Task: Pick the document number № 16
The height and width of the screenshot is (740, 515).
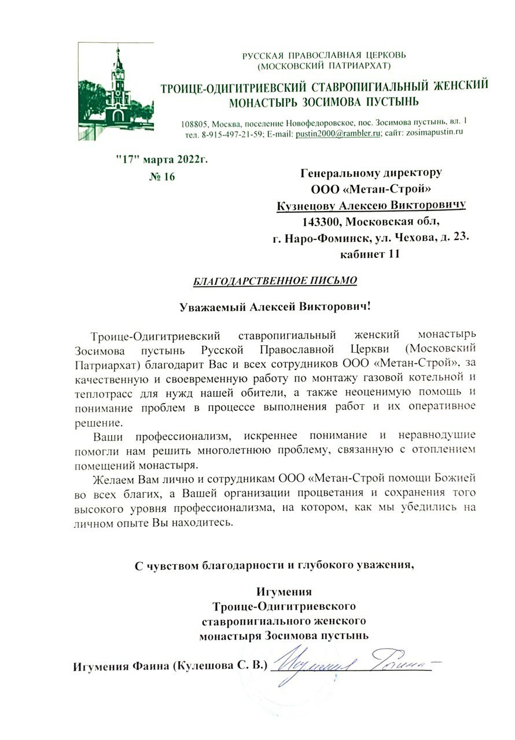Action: tap(161, 176)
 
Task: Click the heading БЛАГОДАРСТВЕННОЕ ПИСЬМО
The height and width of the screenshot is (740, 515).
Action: tap(275, 281)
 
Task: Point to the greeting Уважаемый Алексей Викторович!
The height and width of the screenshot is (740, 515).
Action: tap(274, 306)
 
